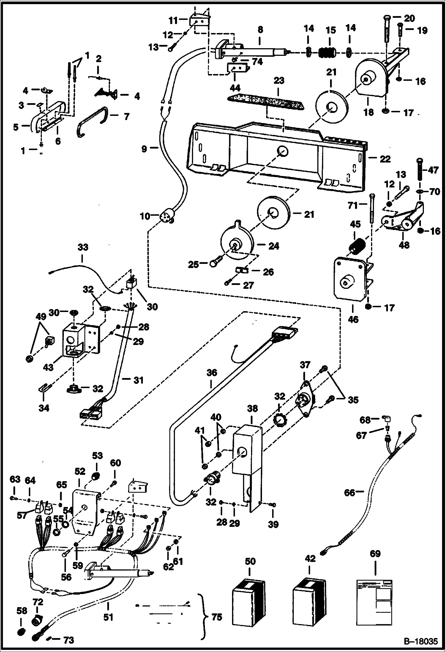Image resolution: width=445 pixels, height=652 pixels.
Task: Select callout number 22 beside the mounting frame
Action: click(x=385, y=159)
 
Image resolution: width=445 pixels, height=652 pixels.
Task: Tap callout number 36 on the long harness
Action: click(x=212, y=373)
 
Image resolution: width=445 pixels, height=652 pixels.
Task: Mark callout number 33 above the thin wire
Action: click(x=83, y=247)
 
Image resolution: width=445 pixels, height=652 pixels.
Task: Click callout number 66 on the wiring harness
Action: click(x=350, y=493)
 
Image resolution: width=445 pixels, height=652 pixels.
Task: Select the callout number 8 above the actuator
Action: click(x=260, y=30)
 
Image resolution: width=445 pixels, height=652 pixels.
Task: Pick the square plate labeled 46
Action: click(x=348, y=279)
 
